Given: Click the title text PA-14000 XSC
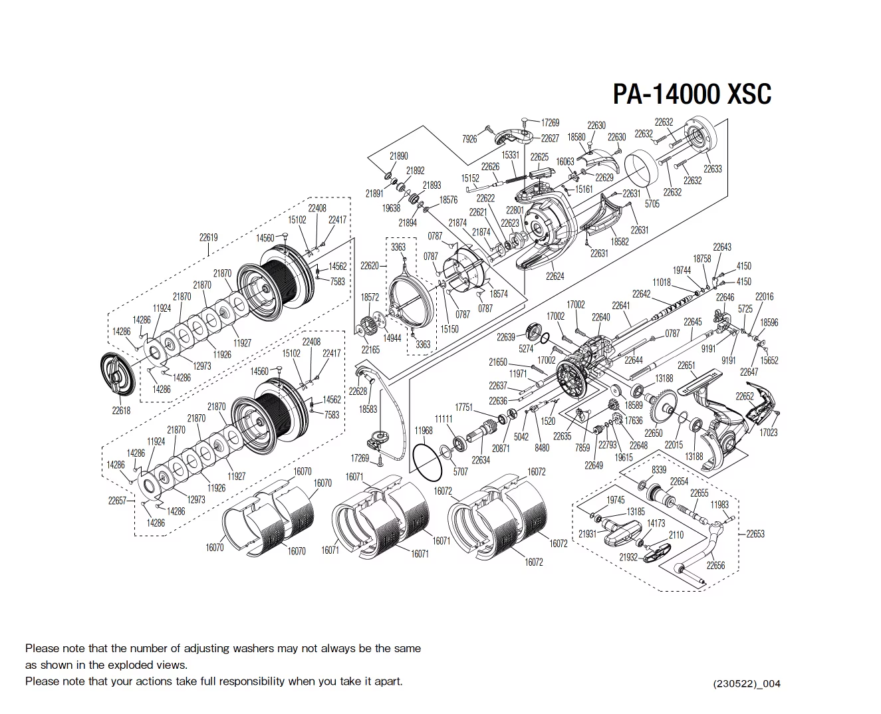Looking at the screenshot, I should (692, 94).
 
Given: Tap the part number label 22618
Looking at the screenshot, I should (121, 410).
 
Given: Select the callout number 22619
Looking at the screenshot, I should (208, 237).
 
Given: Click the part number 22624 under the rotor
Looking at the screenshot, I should (555, 276).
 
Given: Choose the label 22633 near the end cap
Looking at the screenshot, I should (713, 169).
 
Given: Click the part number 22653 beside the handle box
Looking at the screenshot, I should (755, 533).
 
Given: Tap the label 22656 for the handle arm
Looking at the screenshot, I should (715, 565).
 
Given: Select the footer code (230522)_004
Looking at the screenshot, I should (746, 683).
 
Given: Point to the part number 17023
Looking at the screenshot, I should (769, 432).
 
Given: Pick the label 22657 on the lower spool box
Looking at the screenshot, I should (117, 501).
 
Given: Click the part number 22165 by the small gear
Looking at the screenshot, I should (370, 350).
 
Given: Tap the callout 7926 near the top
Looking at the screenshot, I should (469, 139).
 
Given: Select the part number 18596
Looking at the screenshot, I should (769, 322).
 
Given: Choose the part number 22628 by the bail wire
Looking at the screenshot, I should (358, 392).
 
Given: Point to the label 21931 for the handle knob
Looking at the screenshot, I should (587, 533).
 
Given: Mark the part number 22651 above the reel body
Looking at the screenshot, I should (686, 366).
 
